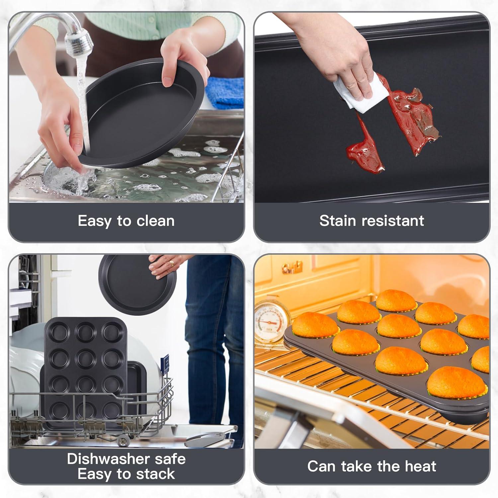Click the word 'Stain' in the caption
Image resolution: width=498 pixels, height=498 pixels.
click(x=338, y=221)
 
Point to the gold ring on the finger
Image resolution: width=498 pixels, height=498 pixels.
click(x=172, y=263)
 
